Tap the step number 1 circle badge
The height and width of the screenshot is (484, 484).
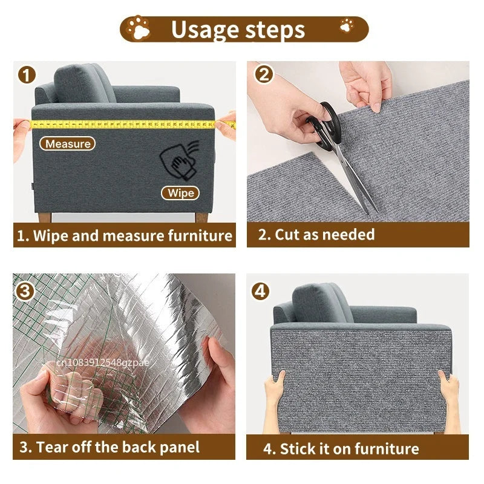[x=27, y=75]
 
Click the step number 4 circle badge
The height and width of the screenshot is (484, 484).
[x=261, y=290]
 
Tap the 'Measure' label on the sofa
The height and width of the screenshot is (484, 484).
[x=68, y=144]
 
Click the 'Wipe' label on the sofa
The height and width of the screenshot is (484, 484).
[x=181, y=193]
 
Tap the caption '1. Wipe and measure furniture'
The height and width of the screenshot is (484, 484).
[x=124, y=236]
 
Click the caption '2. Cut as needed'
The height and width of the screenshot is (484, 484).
[x=316, y=235]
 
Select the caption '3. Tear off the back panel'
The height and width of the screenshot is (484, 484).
[x=110, y=448]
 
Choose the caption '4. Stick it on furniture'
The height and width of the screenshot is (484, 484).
[x=341, y=449]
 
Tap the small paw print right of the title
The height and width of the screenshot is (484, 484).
[x=347, y=25]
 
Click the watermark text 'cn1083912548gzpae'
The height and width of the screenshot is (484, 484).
[x=103, y=362]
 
